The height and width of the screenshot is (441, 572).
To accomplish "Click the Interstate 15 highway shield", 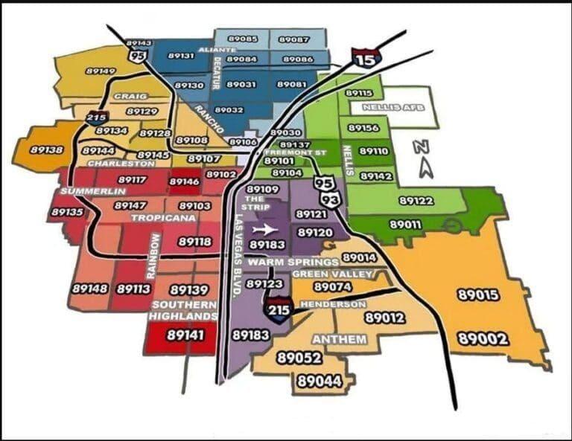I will coord(366,57).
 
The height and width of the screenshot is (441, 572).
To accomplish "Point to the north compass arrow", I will coord(425,158).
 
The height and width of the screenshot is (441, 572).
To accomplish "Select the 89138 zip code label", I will coord(46,149).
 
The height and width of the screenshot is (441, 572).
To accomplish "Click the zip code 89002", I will coord(483,339).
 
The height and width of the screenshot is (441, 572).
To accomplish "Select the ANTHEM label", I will coord(339,339).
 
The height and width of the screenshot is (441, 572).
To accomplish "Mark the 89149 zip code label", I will coord(101,71).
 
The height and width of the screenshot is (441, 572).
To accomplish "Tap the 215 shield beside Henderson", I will coord(277,308).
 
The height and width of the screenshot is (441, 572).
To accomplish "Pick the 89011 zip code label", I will coord(405,224).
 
